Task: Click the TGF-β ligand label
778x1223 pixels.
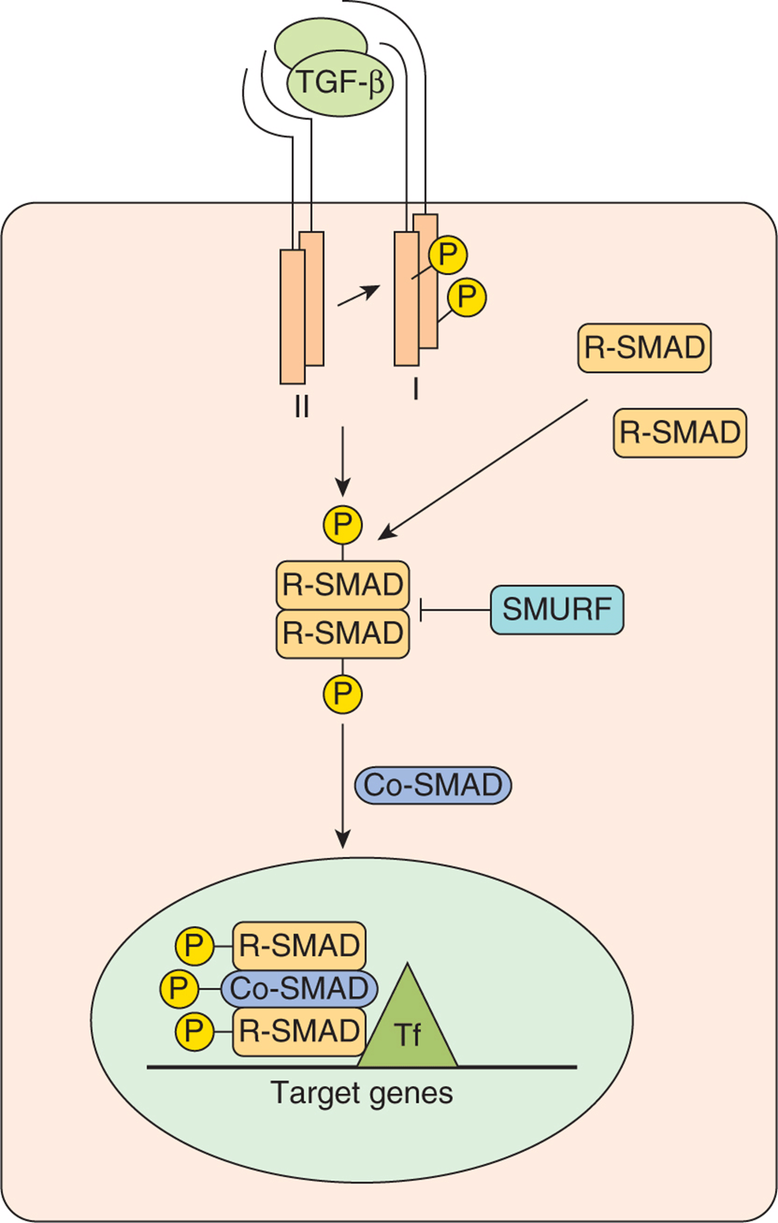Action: [340, 83]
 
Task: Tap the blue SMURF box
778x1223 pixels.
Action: [557, 609]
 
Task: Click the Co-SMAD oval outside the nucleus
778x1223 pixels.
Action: [433, 785]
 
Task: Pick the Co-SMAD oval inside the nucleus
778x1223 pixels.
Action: [299, 988]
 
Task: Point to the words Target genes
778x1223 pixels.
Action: [362, 1093]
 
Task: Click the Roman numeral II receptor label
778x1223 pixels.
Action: [301, 406]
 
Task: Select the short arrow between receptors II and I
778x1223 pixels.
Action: [358, 296]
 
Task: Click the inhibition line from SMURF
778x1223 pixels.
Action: [455, 609]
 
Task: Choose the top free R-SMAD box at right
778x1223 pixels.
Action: [644, 348]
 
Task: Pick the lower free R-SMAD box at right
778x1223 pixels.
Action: [680, 433]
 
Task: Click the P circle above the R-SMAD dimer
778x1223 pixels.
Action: [343, 525]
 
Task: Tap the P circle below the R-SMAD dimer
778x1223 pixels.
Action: [343, 694]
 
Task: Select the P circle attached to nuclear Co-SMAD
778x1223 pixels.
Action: [179, 988]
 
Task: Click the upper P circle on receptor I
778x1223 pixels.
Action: [447, 254]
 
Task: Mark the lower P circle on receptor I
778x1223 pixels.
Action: [467, 297]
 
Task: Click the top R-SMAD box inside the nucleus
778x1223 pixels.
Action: [299, 945]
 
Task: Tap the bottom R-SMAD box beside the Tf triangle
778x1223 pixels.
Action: [299, 1031]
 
